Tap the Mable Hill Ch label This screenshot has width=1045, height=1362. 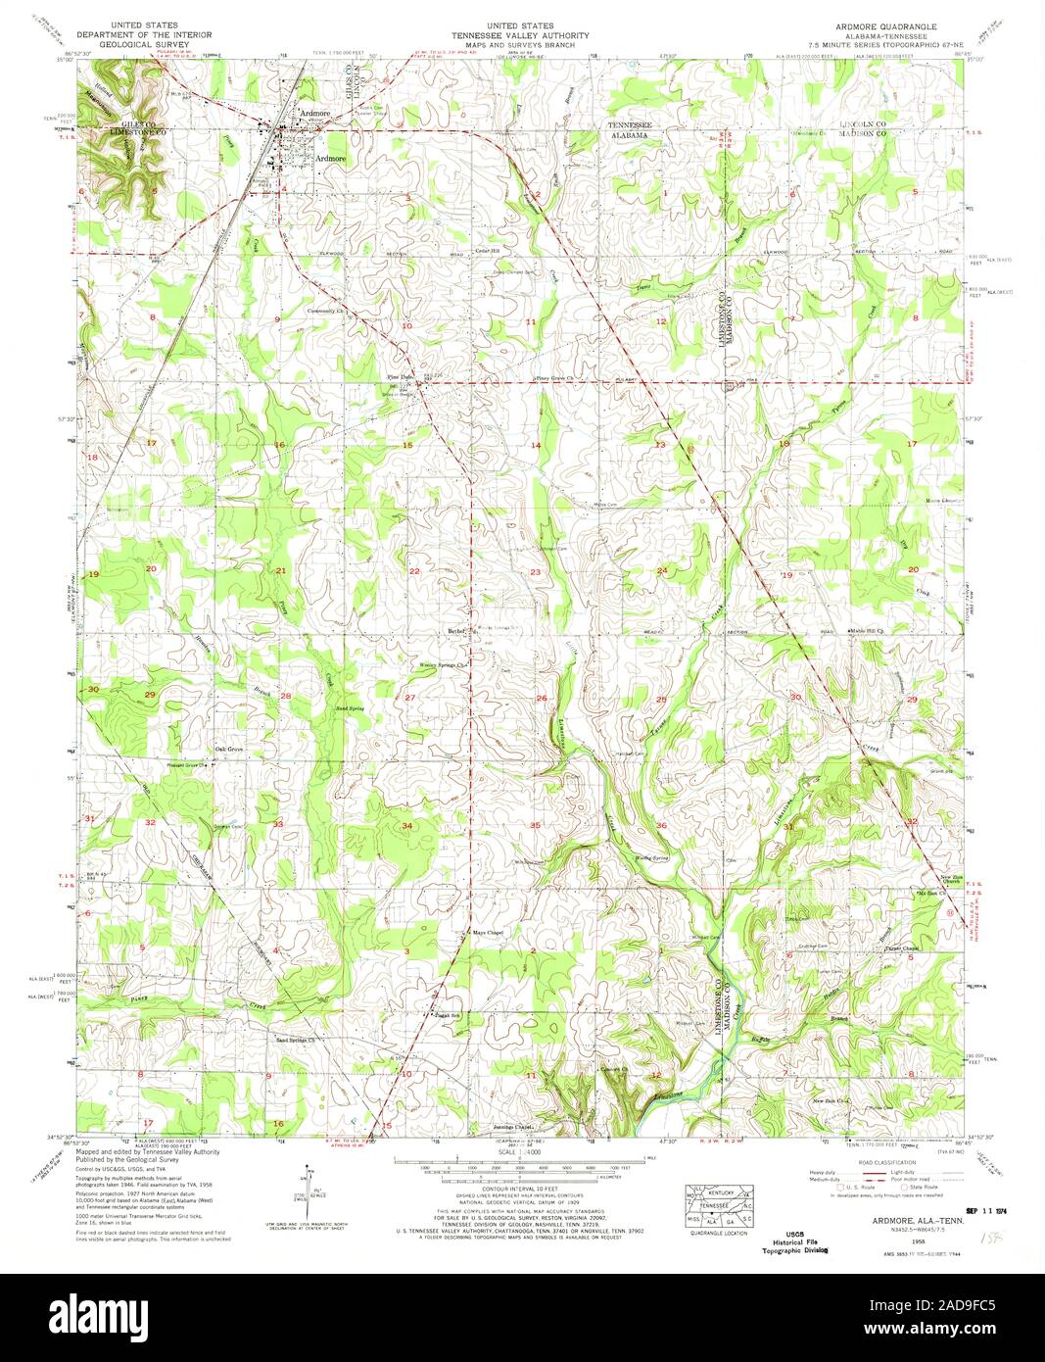867,631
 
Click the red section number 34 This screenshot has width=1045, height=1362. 405,826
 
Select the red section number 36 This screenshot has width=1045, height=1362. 661,826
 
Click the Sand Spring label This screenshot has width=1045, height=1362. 350,706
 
